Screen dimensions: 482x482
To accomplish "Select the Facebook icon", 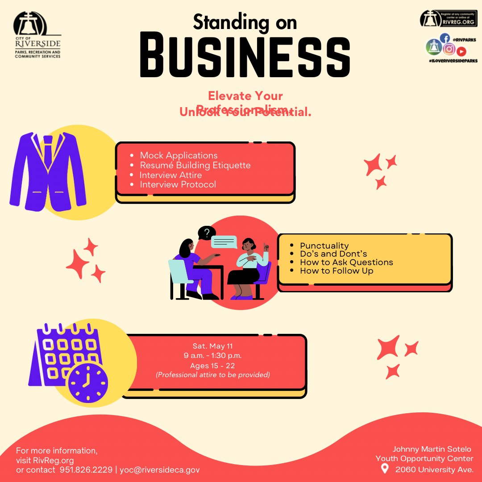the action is (445, 38).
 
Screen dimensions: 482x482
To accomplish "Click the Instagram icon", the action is (449, 49).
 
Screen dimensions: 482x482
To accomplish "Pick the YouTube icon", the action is (461, 51).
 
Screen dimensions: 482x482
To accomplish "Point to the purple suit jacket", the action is (48, 172).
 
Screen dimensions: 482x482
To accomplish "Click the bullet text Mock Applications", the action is (179, 155).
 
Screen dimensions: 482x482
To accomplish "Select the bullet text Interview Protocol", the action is (178, 184).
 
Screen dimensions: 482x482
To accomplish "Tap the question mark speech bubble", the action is (207, 233).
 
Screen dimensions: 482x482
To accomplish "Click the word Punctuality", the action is (324, 245).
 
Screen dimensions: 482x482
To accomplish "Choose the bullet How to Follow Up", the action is (337, 270).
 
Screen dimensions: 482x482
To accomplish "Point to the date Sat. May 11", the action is (213, 346).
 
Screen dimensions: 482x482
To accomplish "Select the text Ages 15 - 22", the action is (212, 366).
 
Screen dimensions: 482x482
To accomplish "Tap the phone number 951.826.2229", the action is (86, 470).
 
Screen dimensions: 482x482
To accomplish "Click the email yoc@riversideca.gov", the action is (160, 470).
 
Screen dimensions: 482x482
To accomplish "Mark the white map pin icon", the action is (385, 469).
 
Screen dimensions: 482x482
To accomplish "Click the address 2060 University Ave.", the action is (434, 470).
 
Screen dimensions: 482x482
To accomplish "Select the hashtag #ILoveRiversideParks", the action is (453, 61).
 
